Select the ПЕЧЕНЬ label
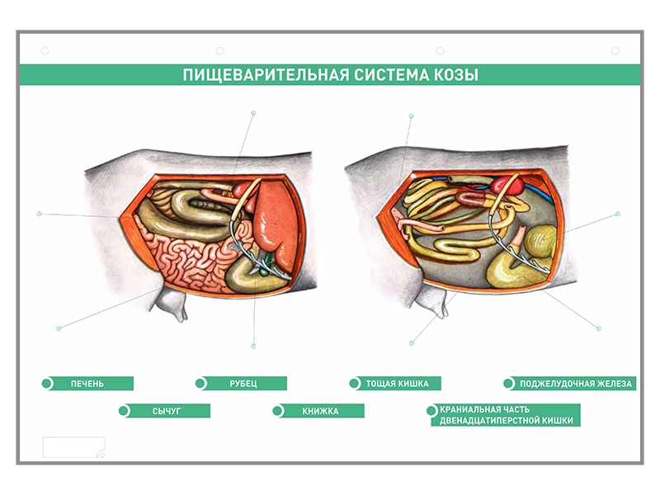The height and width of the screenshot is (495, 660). pos(87,384)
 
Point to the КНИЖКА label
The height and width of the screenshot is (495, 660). pos(319,411)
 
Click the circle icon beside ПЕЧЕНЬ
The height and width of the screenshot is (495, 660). pos(48,384)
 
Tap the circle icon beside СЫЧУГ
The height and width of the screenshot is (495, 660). pos(125,411)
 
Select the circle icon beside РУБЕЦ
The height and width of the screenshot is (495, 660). pos(201,384)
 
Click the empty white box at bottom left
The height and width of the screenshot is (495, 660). pos(73,447)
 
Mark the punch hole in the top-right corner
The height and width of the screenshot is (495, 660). pos(615,51)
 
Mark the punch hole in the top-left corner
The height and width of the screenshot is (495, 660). pos(45,51)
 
